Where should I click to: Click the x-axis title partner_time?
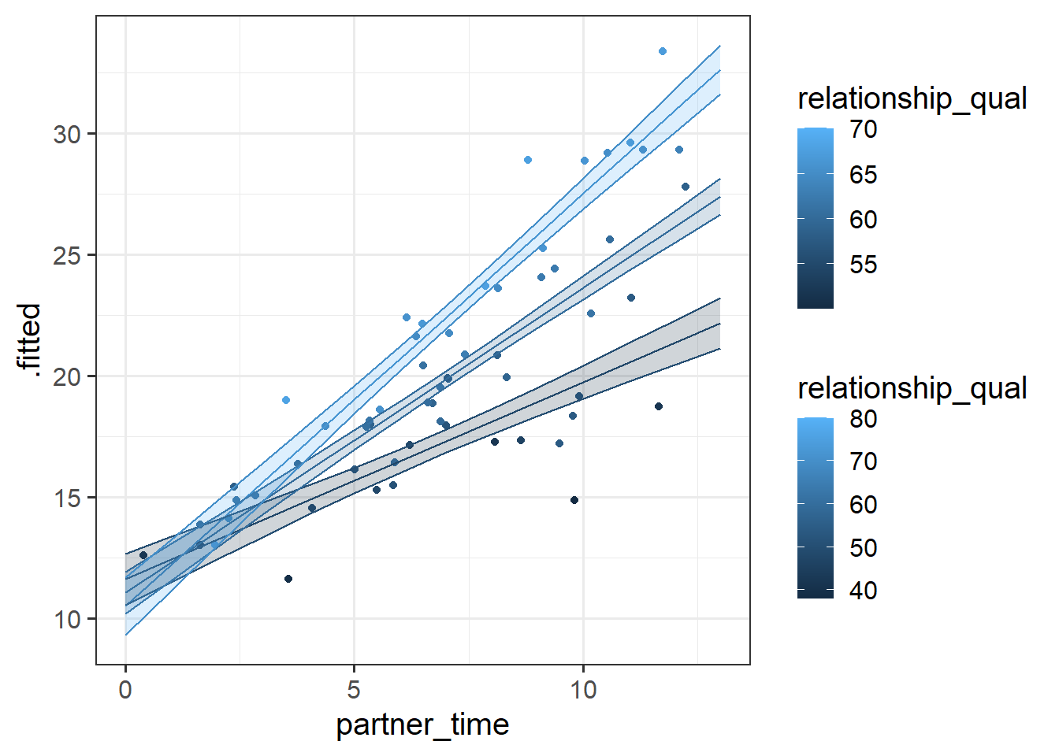point(422,724)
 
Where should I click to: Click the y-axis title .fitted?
point(28,337)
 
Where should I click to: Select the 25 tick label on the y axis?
point(67,256)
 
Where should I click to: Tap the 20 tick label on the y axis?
point(67,377)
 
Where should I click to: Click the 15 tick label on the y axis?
point(67,498)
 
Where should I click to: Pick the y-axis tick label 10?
point(67,620)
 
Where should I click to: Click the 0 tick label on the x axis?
point(125,690)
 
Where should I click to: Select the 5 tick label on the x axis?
point(354,690)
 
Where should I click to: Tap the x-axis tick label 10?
point(583,690)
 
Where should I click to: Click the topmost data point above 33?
point(663,51)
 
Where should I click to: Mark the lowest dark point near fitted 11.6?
point(288,579)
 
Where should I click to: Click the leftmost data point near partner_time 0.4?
point(143,555)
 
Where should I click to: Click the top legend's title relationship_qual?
point(912,99)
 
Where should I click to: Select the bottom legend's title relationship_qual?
point(912,388)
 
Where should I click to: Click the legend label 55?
point(863,265)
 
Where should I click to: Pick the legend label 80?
point(863,419)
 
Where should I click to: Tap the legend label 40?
point(863,591)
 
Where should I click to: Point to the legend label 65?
point(863,175)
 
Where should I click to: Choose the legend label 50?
point(863,548)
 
